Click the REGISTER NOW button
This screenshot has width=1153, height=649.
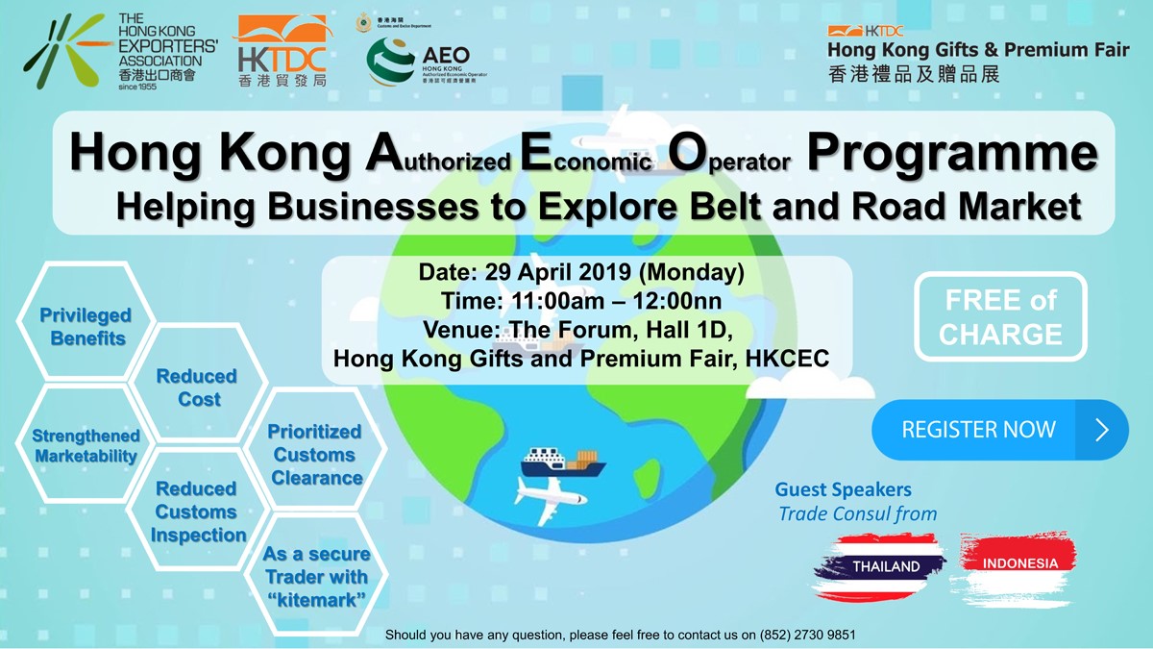click(999, 430)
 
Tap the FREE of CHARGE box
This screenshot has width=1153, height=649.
click(1000, 317)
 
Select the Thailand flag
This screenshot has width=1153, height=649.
click(880, 565)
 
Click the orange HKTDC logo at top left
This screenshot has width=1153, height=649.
click(281, 51)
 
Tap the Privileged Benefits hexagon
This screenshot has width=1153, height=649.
click(86, 327)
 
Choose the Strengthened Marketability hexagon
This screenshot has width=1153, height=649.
click(86, 446)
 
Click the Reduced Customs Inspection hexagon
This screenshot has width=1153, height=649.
click(197, 512)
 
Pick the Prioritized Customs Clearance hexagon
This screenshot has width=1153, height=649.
click(315, 454)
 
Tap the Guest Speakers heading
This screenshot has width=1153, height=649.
click(843, 490)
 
